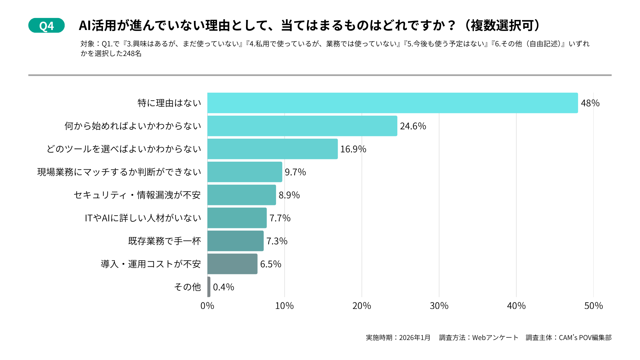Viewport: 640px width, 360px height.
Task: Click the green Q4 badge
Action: [x=46, y=26]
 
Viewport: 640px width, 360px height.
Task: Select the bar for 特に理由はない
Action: [x=392, y=103]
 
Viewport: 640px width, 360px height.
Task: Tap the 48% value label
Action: [x=590, y=103]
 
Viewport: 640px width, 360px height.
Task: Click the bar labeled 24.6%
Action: [x=302, y=126]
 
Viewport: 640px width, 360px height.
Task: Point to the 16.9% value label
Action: [x=353, y=149]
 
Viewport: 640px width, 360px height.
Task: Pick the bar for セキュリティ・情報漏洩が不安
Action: [x=241, y=195]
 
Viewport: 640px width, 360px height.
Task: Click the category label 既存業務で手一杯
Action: [x=164, y=241]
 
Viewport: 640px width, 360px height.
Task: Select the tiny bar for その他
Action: [x=209, y=287]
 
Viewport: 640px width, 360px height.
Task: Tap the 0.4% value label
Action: [x=223, y=287]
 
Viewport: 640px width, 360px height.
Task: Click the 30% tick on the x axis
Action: [x=439, y=306]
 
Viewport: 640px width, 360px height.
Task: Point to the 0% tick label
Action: [x=207, y=306]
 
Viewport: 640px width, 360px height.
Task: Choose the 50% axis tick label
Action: [x=593, y=306]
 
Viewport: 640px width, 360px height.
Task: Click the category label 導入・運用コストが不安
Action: [x=151, y=264]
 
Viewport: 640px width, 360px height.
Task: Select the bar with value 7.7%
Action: [x=237, y=218]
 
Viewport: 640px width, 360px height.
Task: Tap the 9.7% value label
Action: [x=295, y=172]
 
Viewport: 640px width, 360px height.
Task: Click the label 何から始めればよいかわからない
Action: [x=133, y=126]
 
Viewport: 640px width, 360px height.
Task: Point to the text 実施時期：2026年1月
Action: [x=398, y=338]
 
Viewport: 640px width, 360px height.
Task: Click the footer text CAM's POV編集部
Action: [x=585, y=338]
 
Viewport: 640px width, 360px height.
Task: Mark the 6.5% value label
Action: [x=270, y=264]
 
